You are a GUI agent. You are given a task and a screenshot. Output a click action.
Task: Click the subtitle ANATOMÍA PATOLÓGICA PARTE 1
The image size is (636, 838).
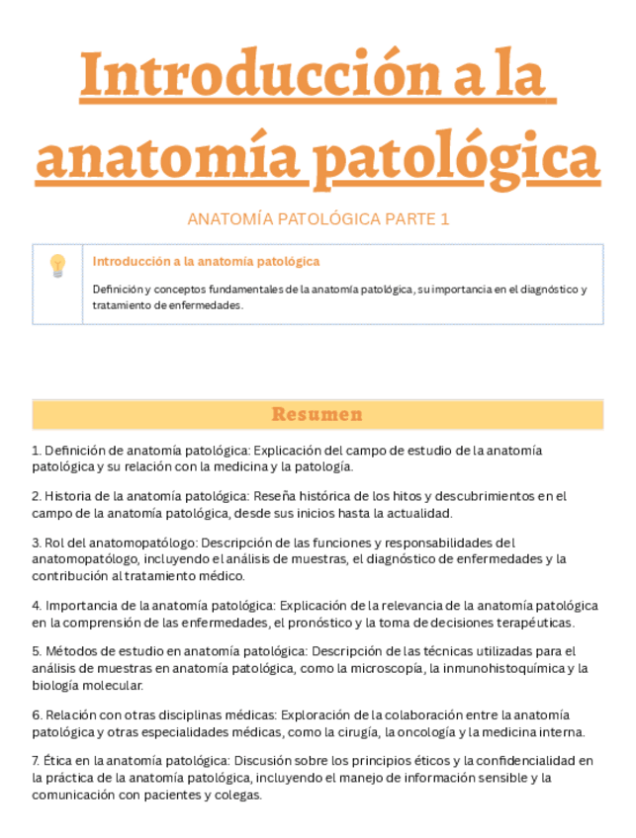point(318,219)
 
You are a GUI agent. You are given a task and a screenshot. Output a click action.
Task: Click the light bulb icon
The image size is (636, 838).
point(57,265)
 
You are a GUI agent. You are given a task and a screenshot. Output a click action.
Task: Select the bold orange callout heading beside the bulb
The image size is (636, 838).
point(206,262)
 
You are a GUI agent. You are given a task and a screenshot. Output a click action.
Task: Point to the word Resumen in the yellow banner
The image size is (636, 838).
point(318,414)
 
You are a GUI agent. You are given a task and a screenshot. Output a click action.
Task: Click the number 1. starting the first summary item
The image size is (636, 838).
point(37,451)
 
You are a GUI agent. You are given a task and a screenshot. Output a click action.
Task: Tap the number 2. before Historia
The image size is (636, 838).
point(37,496)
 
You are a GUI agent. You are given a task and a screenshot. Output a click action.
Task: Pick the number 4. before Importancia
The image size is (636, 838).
point(37,606)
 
